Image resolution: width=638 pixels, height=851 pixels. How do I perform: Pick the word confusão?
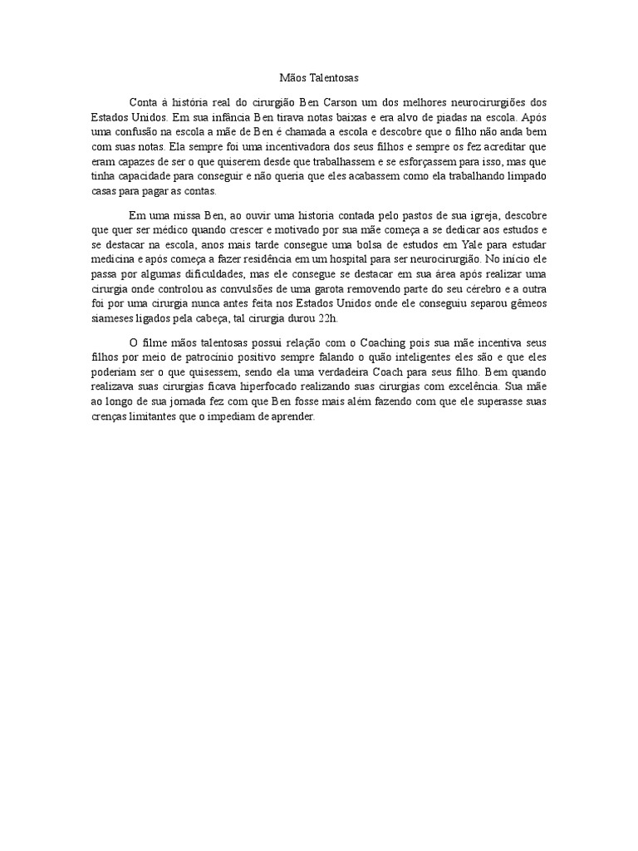click(143, 131)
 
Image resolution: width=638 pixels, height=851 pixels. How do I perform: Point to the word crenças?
click(110, 417)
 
